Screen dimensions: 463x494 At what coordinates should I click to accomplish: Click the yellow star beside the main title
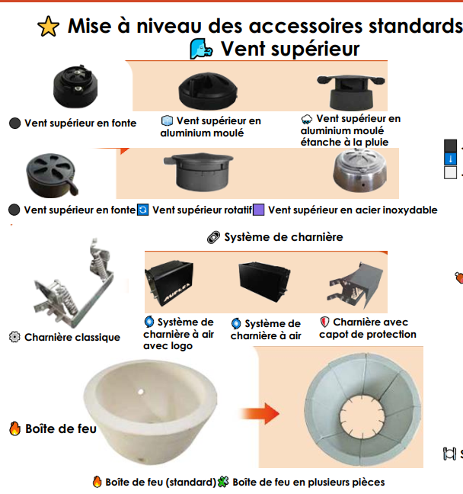pyautogui.click(x=48, y=26)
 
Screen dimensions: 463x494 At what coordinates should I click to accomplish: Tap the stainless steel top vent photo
pyautogui.click(x=359, y=170)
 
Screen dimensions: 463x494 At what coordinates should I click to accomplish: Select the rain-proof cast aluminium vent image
pyautogui.click(x=350, y=92)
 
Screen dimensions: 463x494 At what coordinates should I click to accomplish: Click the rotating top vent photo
pyautogui.click(x=199, y=172)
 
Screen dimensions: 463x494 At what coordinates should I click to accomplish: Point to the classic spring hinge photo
pyautogui.click(x=75, y=283)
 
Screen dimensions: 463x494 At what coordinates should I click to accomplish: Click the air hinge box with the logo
pyautogui.click(x=169, y=283)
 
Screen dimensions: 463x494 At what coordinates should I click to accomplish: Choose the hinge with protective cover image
pyautogui.click(x=356, y=285)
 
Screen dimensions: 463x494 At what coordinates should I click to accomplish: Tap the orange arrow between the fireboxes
pyautogui.click(x=260, y=413)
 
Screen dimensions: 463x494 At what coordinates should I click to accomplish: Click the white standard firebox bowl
pyautogui.click(x=151, y=412)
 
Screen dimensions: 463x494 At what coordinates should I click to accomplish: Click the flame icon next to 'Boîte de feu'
pyautogui.click(x=14, y=428)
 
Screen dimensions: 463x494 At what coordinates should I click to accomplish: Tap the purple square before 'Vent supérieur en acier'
pyautogui.click(x=259, y=210)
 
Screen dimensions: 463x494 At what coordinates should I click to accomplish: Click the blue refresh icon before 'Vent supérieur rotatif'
pyautogui.click(x=143, y=210)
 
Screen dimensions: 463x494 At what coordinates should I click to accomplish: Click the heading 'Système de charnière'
pyautogui.click(x=283, y=237)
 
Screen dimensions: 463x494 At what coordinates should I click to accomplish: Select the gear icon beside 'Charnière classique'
pyautogui.click(x=14, y=337)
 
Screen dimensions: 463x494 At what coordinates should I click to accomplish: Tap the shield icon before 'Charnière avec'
pyautogui.click(x=324, y=322)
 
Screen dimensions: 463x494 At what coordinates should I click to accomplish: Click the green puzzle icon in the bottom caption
pyautogui.click(x=223, y=482)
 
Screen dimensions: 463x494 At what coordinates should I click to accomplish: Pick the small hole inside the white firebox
pyautogui.click(x=141, y=392)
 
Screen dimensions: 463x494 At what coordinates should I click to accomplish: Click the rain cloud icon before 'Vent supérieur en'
pyautogui.click(x=307, y=119)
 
